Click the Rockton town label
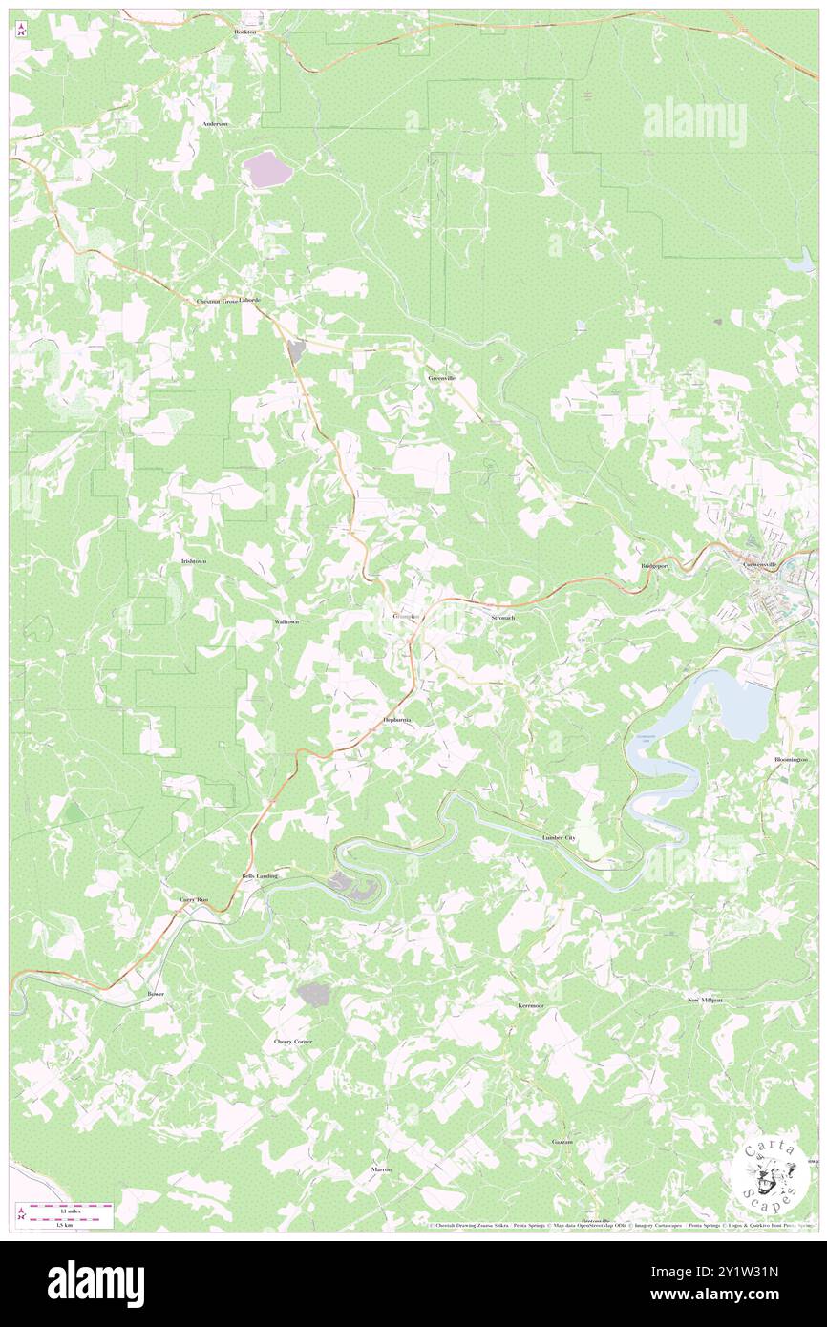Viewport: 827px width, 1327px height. tap(246, 32)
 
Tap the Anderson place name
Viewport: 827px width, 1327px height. tap(215, 124)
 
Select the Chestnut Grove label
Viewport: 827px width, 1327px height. tap(217, 300)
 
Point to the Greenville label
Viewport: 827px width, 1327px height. tap(442, 377)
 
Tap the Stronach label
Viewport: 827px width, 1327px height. tap(502, 618)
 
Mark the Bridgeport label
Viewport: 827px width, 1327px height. tap(657, 565)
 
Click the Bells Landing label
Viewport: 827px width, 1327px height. tap(260, 875)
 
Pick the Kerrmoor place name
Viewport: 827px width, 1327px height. tap(530, 1006)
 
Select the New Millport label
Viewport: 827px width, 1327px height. tap(705, 1000)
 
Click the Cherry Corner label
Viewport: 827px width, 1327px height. tap(293, 1041)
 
